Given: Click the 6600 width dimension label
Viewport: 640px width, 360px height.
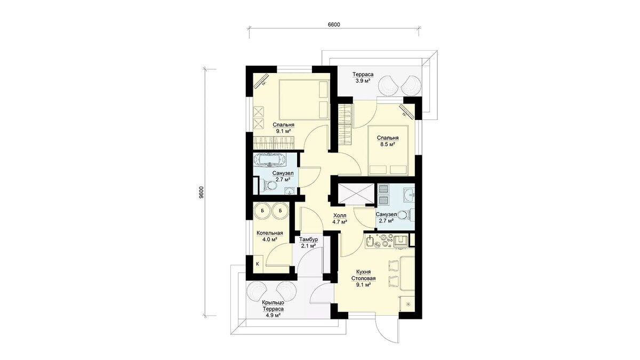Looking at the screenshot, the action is [333, 25].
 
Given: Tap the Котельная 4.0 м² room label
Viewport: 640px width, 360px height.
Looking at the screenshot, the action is [70, 236].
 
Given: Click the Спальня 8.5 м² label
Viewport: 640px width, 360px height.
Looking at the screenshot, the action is [387, 141].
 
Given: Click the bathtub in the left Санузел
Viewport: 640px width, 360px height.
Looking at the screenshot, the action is [70, 160].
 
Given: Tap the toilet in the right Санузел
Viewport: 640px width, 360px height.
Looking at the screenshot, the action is [406, 215].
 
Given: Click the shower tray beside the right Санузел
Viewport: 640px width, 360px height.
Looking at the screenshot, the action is [356, 194].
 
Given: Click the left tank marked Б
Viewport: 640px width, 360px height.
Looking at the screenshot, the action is [62, 211].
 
